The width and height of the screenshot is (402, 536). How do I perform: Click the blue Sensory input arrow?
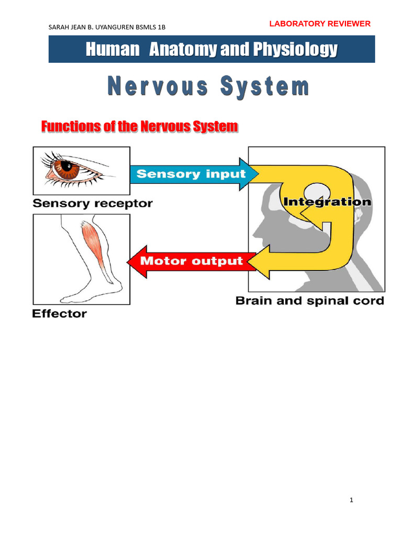[x=191, y=174]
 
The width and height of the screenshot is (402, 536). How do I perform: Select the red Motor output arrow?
[x=191, y=260]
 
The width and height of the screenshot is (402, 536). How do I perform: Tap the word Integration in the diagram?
[x=327, y=202]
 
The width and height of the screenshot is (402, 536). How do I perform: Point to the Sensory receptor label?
[x=92, y=204]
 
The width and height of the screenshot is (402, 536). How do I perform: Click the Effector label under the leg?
[x=59, y=314]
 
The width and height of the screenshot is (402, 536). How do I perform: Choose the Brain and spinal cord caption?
[x=309, y=301]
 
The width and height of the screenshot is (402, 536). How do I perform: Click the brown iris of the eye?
[x=67, y=167]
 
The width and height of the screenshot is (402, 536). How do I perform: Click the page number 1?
[x=352, y=500]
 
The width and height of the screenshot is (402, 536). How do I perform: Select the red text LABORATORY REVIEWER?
[x=319, y=24]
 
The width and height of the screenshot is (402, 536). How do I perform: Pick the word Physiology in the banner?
[x=295, y=50]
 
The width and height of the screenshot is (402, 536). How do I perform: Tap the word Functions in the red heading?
[x=64, y=127]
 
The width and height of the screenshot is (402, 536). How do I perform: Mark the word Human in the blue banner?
[x=113, y=50]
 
